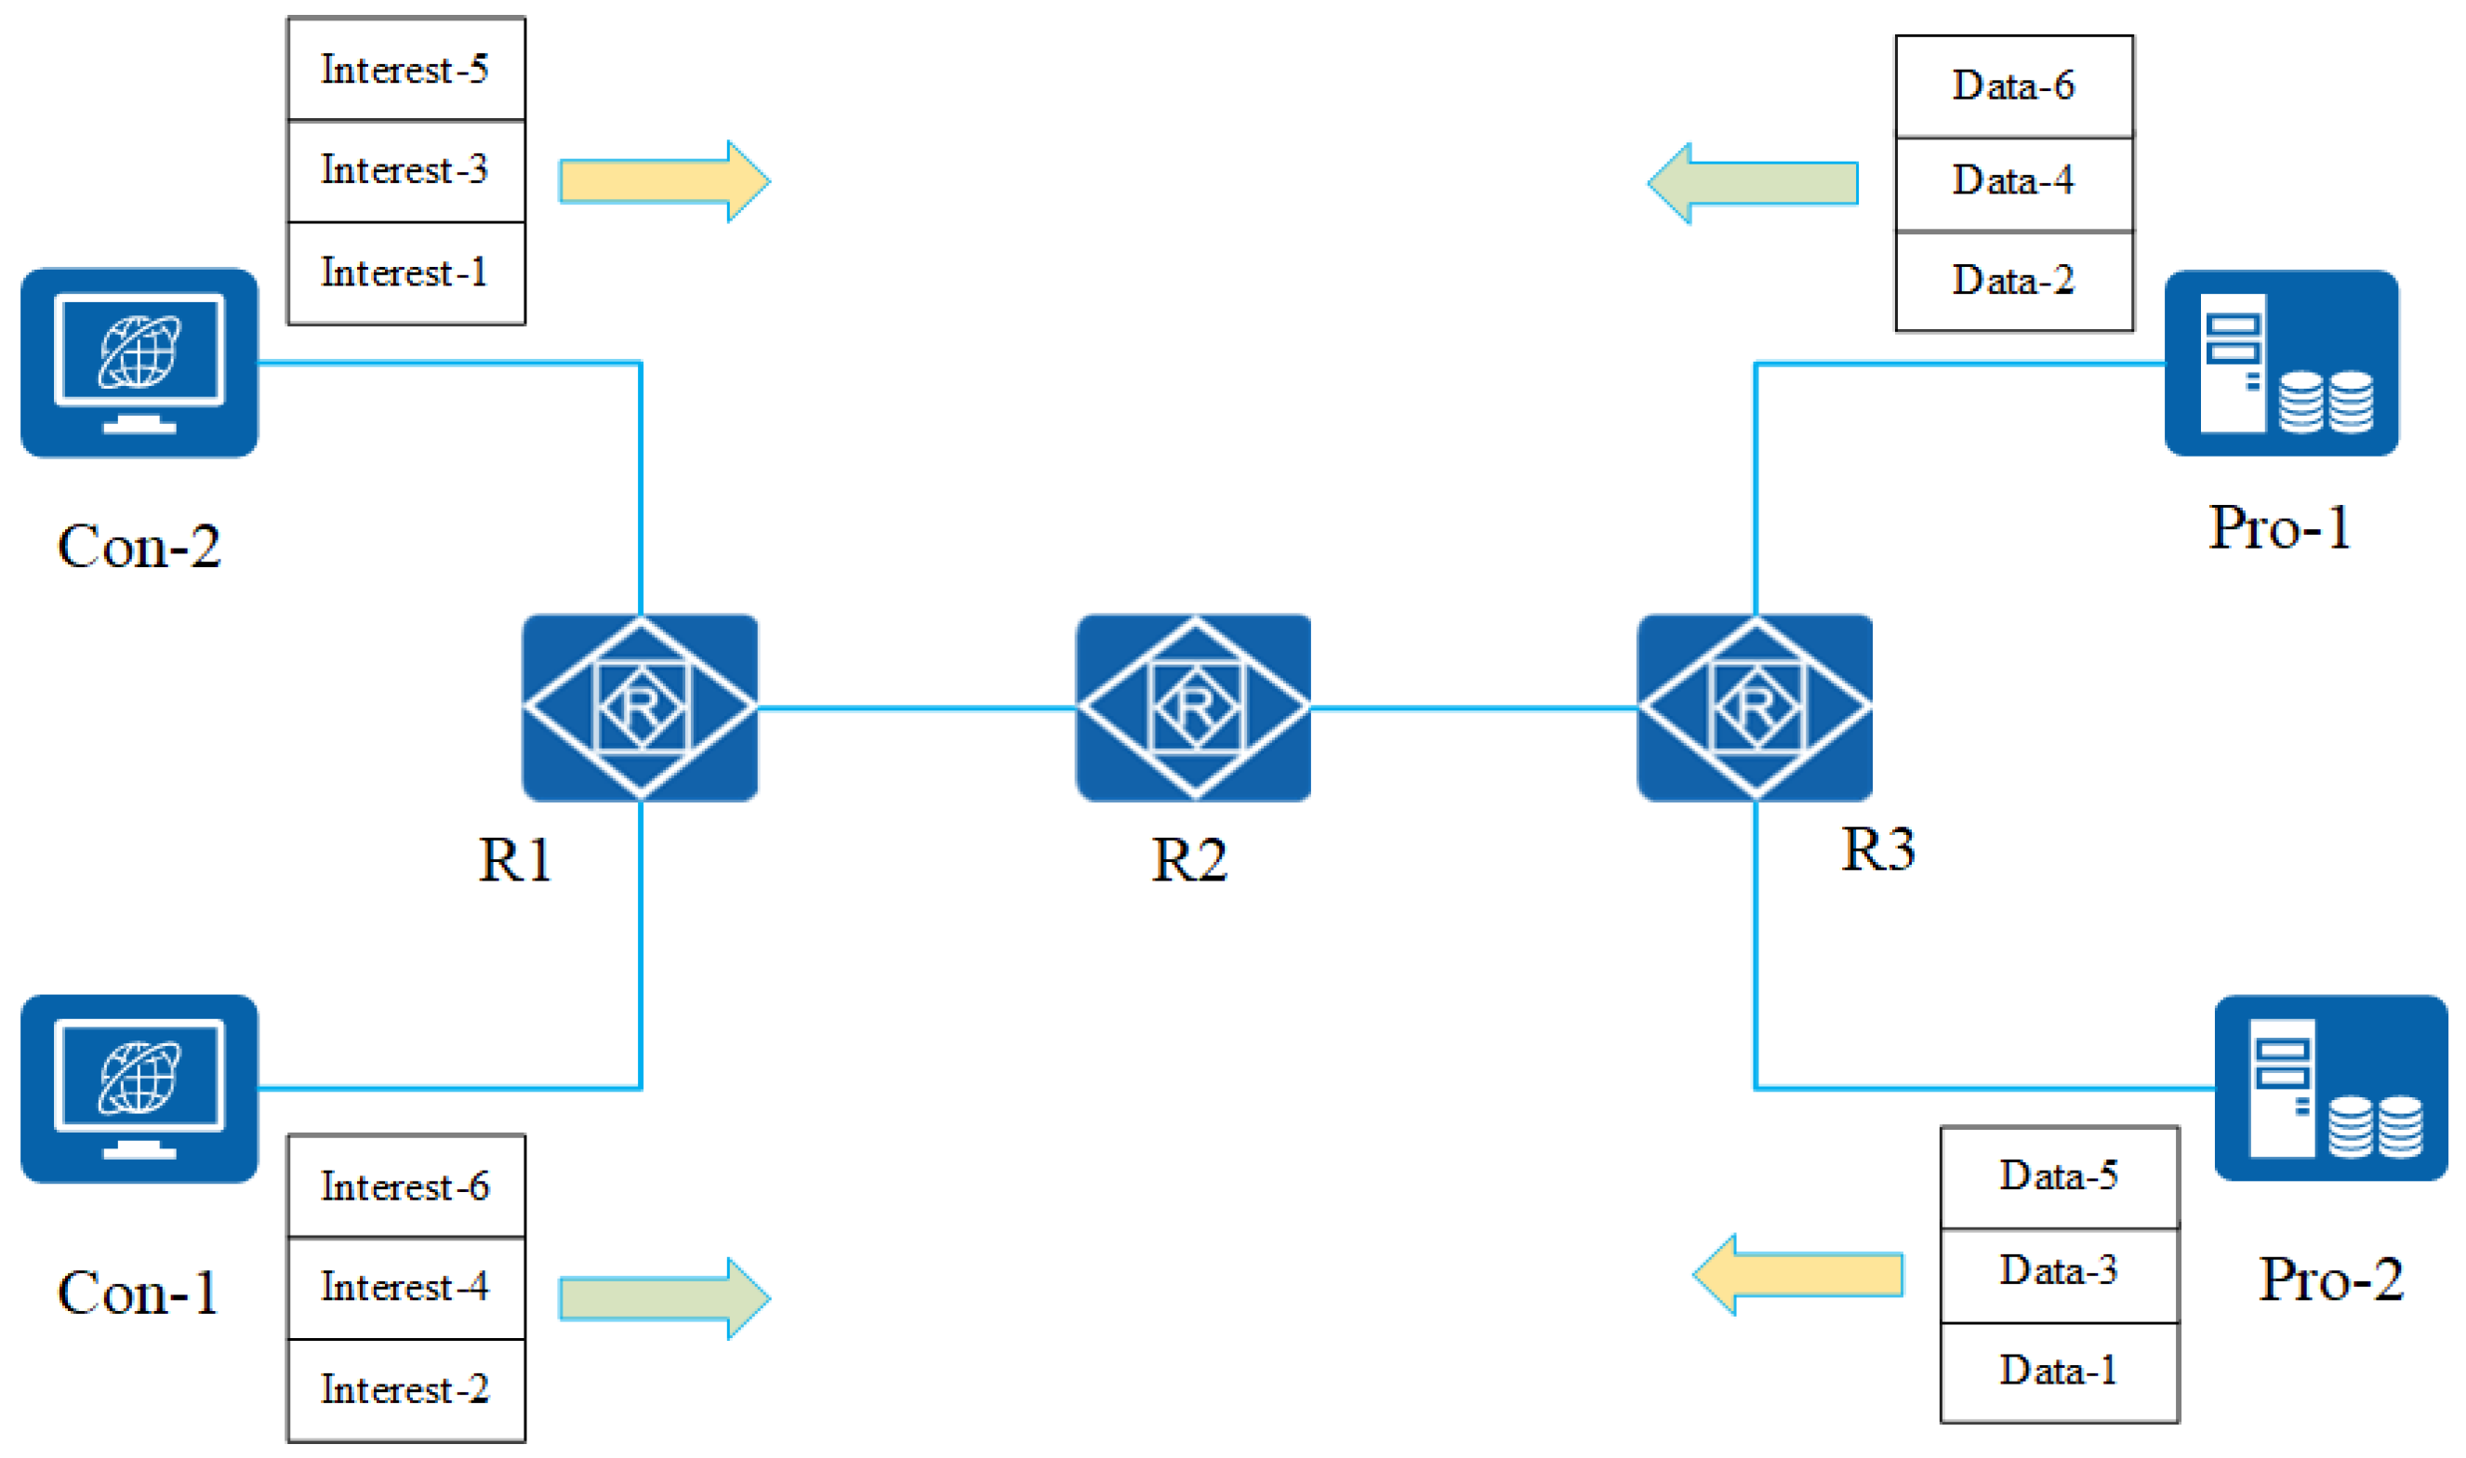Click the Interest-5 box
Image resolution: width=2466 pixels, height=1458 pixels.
click(405, 69)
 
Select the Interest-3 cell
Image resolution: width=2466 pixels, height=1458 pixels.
click(405, 171)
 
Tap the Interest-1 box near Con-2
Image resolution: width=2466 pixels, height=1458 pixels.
click(405, 273)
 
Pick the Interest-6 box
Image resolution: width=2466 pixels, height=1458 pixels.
click(405, 1186)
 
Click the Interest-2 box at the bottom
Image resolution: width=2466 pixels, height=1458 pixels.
click(405, 1389)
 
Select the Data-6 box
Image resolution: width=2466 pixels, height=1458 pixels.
click(2014, 86)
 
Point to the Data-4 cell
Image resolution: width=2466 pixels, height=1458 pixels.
click(2014, 181)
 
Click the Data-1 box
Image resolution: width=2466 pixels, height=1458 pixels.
click(2060, 1372)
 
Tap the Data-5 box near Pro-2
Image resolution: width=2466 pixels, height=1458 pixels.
click(2060, 1176)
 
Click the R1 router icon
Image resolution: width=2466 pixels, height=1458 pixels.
click(640, 708)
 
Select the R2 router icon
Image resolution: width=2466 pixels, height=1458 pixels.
click(1193, 708)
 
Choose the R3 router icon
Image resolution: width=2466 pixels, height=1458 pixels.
click(1755, 708)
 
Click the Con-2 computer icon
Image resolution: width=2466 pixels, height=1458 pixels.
click(139, 363)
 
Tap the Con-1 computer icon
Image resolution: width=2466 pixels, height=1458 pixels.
click(139, 1089)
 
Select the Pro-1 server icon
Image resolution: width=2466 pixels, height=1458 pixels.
click(2281, 363)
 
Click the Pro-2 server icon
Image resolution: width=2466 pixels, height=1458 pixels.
click(2330, 1088)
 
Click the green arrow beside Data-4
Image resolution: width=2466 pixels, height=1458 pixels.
click(1753, 184)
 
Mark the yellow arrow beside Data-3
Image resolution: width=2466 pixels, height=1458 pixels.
click(1798, 1275)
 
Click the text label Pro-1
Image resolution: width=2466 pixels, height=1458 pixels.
click(2279, 527)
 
